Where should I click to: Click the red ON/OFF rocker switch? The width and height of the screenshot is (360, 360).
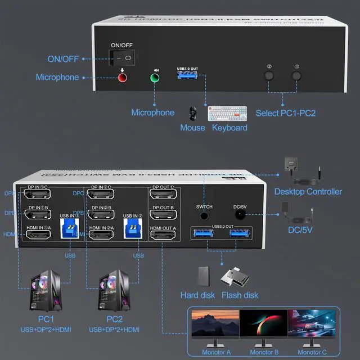coord(121,57)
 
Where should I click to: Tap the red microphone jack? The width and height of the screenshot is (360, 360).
coord(121,78)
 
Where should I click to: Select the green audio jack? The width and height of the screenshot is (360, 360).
coord(155,78)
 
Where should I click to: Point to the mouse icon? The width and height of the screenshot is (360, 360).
coord(193,113)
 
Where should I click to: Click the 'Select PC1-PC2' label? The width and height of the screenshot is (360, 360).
coord(286,113)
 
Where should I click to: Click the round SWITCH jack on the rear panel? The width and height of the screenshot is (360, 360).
coord(204,215)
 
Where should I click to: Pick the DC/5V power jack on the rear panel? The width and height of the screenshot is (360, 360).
coord(240,215)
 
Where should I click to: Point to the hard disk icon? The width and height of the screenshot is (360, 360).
coord(204,276)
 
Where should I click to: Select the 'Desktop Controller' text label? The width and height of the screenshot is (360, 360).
coord(308,192)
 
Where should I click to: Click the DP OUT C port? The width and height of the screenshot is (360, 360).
coord(163,195)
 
